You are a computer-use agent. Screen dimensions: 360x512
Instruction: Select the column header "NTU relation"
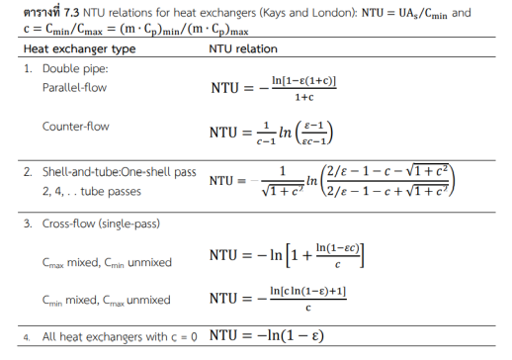243,48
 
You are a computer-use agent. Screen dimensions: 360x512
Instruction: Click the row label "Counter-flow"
75,127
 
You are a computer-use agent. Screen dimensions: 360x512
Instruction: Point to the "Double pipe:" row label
73,70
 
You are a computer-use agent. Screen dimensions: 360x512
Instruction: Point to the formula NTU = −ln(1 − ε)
272,336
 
